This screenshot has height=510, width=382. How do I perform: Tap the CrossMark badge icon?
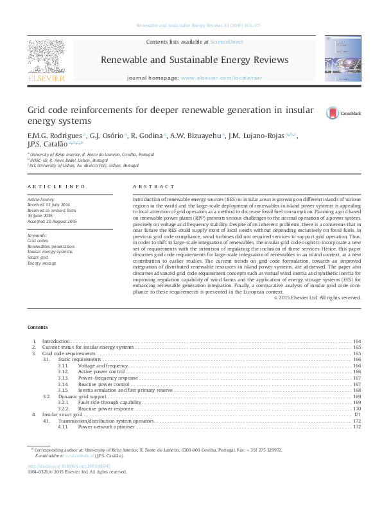[332, 113]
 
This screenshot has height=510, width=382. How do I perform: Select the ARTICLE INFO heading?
[56, 186]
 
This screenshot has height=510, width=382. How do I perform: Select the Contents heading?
[38, 328]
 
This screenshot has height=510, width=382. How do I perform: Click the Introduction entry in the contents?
[56, 341]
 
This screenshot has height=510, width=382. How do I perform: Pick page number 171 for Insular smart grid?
[357, 415]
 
